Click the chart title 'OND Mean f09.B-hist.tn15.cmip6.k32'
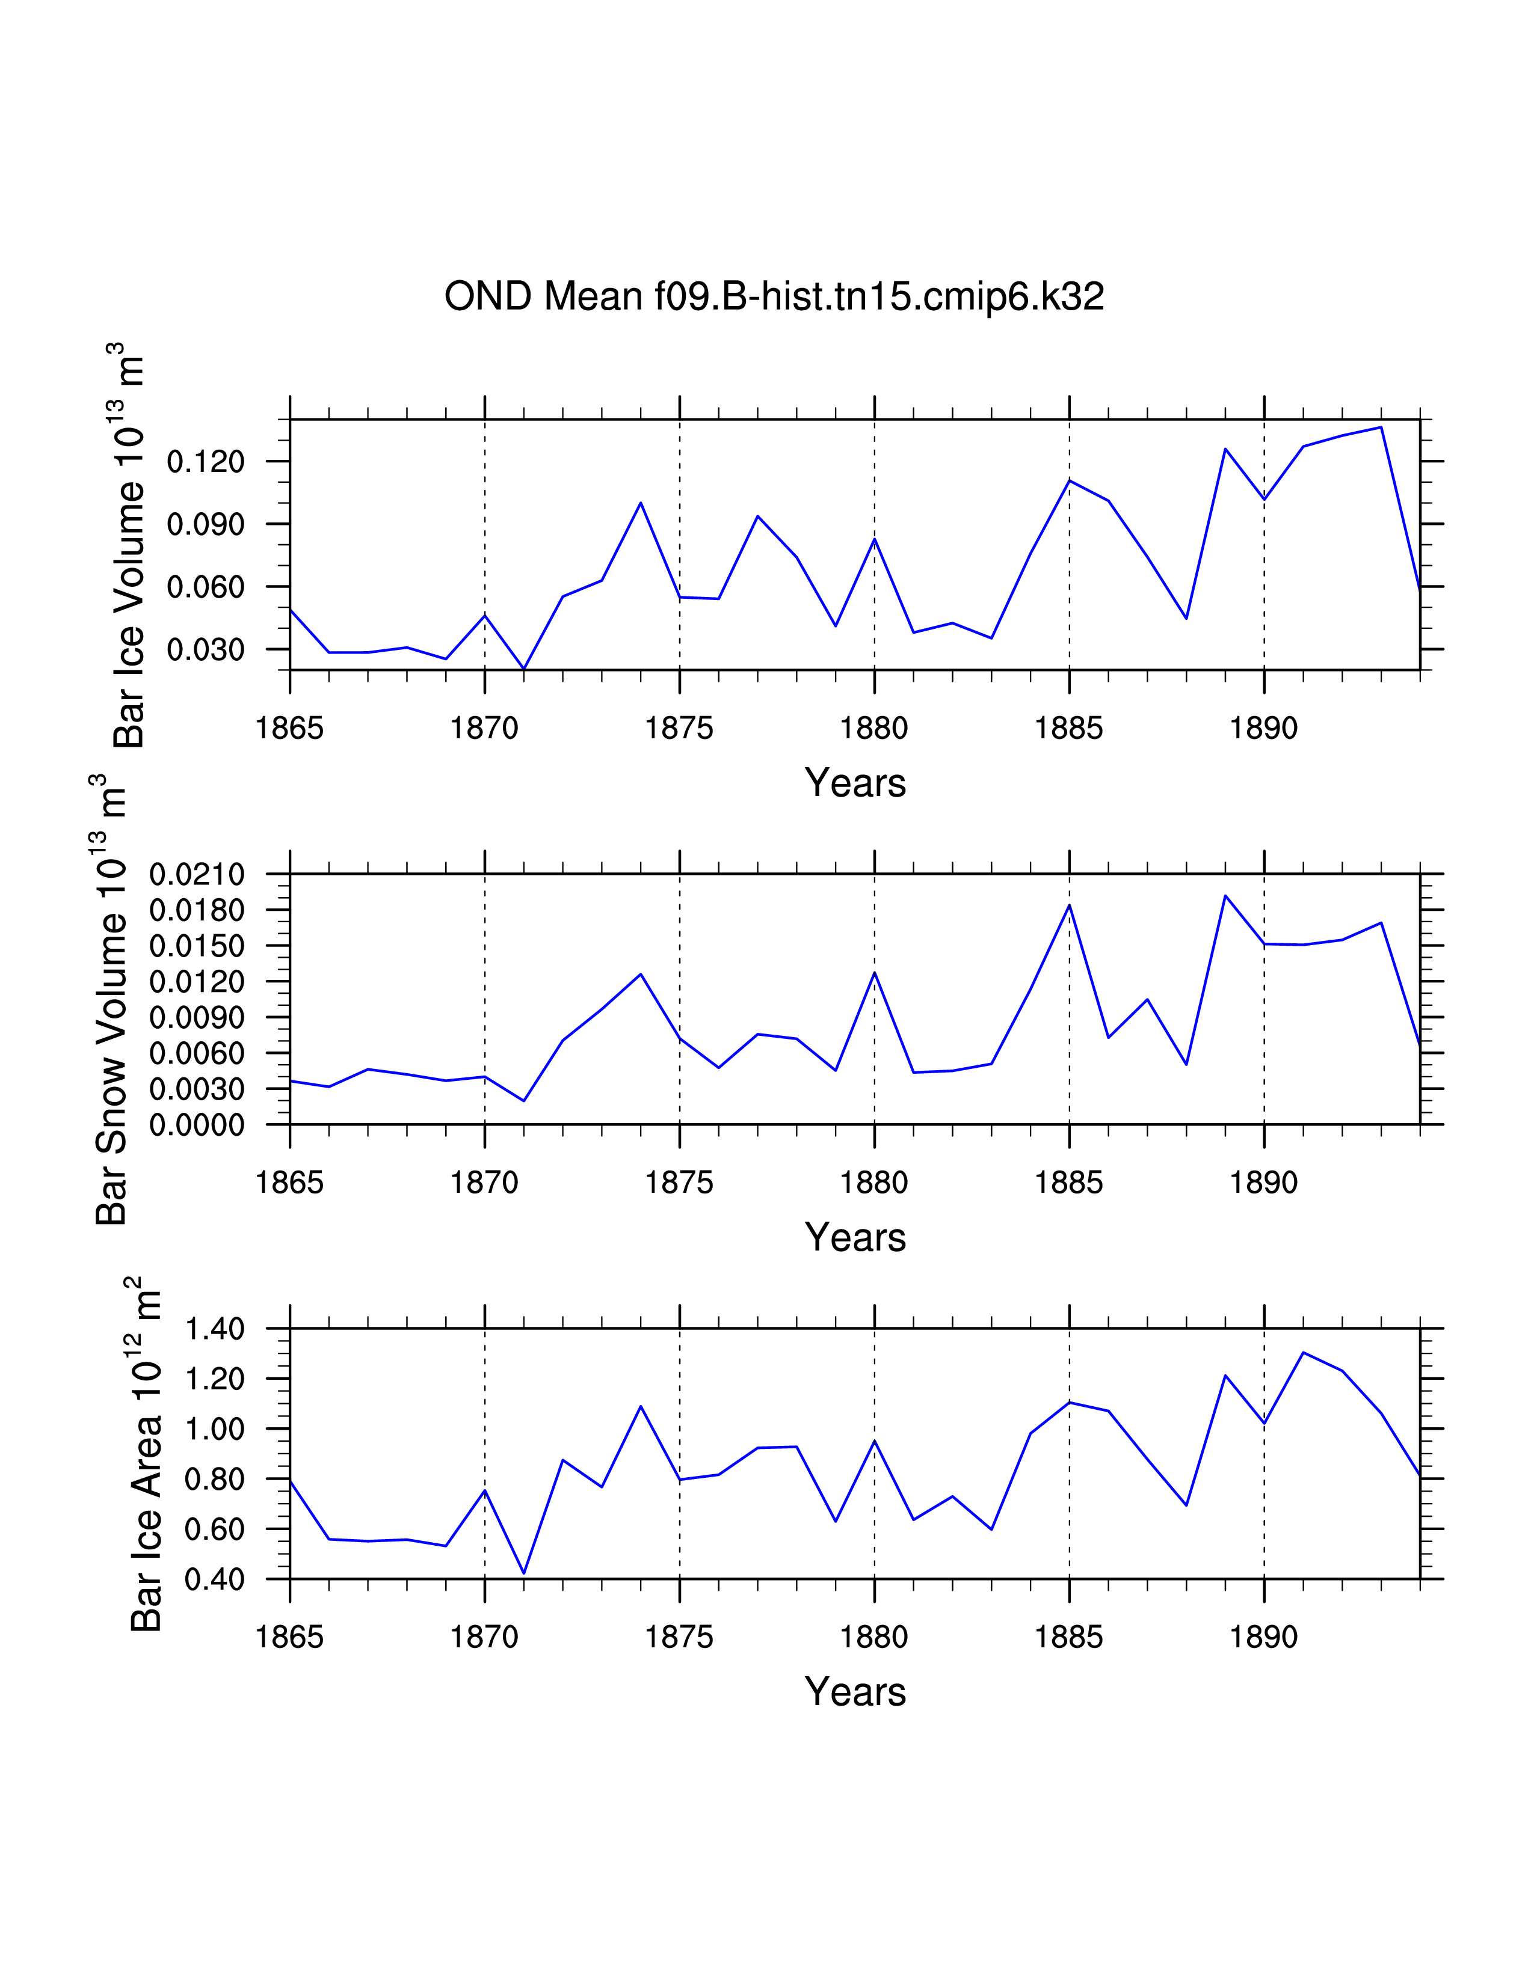pyautogui.click(x=774, y=296)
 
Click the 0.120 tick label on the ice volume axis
pyautogui.click(x=205, y=462)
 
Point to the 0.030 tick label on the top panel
pyautogui.click(x=205, y=649)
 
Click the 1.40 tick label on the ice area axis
pyautogui.click(x=215, y=1329)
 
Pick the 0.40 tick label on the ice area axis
pyautogui.click(x=215, y=1580)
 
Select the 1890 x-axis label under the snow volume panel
pyautogui.click(x=1263, y=1182)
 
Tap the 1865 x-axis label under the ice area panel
pyautogui.click(x=290, y=1637)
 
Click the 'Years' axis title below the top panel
pyautogui.click(x=855, y=783)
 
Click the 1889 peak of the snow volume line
pyautogui.click(x=1225, y=896)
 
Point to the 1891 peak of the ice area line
pyautogui.click(x=1303, y=1353)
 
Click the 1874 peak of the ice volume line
pyautogui.click(x=641, y=503)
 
